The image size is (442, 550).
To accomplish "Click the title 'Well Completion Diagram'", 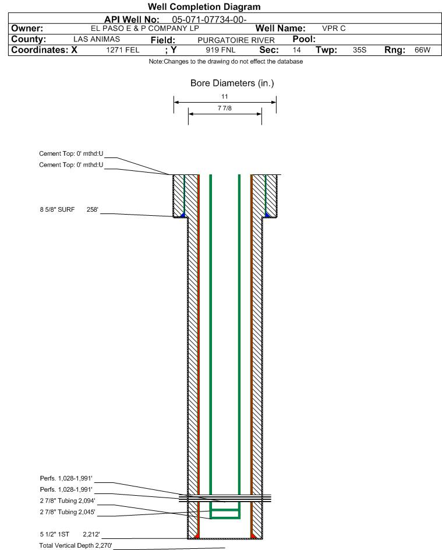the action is pyautogui.click(x=204, y=6).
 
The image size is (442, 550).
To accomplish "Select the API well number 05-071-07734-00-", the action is pyautogui.click(x=209, y=19).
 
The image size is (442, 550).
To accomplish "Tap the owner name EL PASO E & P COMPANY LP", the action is pyautogui.click(x=144, y=29).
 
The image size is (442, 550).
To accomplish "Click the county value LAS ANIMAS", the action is pyautogui.click(x=97, y=39).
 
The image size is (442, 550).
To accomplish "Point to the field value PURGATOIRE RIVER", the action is pyautogui.click(x=236, y=40).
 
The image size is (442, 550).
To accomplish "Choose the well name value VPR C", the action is pyautogui.click(x=334, y=29).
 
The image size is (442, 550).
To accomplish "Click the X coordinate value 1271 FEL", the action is pyautogui.click(x=122, y=50).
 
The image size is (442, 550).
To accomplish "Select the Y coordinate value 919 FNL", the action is pyautogui.click(x=221, y=50).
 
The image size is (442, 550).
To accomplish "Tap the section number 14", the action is pyautogui.click(x=296, y=50).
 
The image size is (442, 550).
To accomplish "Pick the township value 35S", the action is pyautogui.click(x=359, y=50).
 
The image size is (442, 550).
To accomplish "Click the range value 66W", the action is pyautogui.click(x=422, y=50).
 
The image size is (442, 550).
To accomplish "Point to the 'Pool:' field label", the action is pyautogui.click(x=304, y=39).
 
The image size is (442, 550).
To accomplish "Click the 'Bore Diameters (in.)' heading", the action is pyautogui.click(x=232, y=83).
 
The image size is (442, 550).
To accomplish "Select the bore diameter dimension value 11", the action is pyautogui.click(x=225, y=96).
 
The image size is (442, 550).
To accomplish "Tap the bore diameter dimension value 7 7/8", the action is pyautogui.click(x=225, y=108).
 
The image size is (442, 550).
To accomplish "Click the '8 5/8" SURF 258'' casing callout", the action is pyautogui.click(x=69, y=209).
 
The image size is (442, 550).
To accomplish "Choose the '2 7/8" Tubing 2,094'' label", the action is pyautogui.click(x=68, y=500).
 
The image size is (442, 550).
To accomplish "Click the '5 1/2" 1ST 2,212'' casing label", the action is pyautogui.click(x=70, y=534).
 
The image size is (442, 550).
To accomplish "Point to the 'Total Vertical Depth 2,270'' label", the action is pyautogui.click(x=76, y=545).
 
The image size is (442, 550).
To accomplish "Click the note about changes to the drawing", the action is pyautogui.click(x=226, y=61).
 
